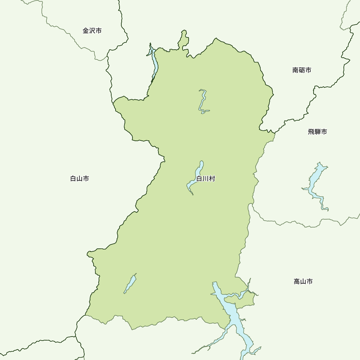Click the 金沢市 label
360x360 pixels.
pyautogui.click(x=92, y=31)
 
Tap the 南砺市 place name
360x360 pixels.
pyautogui.click(x=302, y=70)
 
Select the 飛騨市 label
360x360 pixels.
pyautogui.click(x=318, y=132)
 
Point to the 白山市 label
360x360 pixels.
pyautogui.click(x=80, y=179)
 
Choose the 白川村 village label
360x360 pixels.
pyautogui.click(x=206, y=179)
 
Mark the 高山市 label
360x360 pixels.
pyautogui.click(x=303, y=282)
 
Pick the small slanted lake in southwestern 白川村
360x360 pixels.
pyautogui.click(x=130, y=284)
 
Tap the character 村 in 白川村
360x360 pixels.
pyautogui.click(x=212, y=179)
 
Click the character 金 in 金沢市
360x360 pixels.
pyautogui.click(x=86, y=31)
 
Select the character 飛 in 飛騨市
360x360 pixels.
pyautogui.click(x=311, y=132)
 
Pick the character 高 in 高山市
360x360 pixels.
pyautogui.click(x=297, y=282)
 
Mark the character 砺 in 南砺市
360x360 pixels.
pyautogui.click(x=302, y=70)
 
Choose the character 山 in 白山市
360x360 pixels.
pyautogui.click(x=80, y=179)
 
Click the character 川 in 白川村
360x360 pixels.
pyautogui.click(x=206, y=179)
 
